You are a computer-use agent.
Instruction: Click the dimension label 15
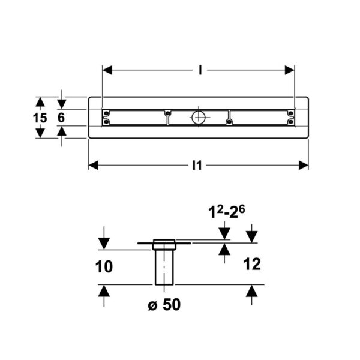tap(40, 118)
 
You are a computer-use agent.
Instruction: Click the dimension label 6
tap(61, 118)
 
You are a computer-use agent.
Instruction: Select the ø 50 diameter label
tap(163, 305)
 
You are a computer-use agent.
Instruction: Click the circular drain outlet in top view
tap(199, 117)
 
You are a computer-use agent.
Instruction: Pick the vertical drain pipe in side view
tap(164, 266)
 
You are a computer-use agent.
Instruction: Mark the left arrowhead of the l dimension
tap(107, 70)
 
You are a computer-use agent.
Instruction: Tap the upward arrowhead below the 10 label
tap(104, 291)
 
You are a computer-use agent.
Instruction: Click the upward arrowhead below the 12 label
tap(252, 291)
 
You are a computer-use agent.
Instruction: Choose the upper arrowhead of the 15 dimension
tap(40, 103)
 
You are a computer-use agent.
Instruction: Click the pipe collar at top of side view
tap(164, 244)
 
